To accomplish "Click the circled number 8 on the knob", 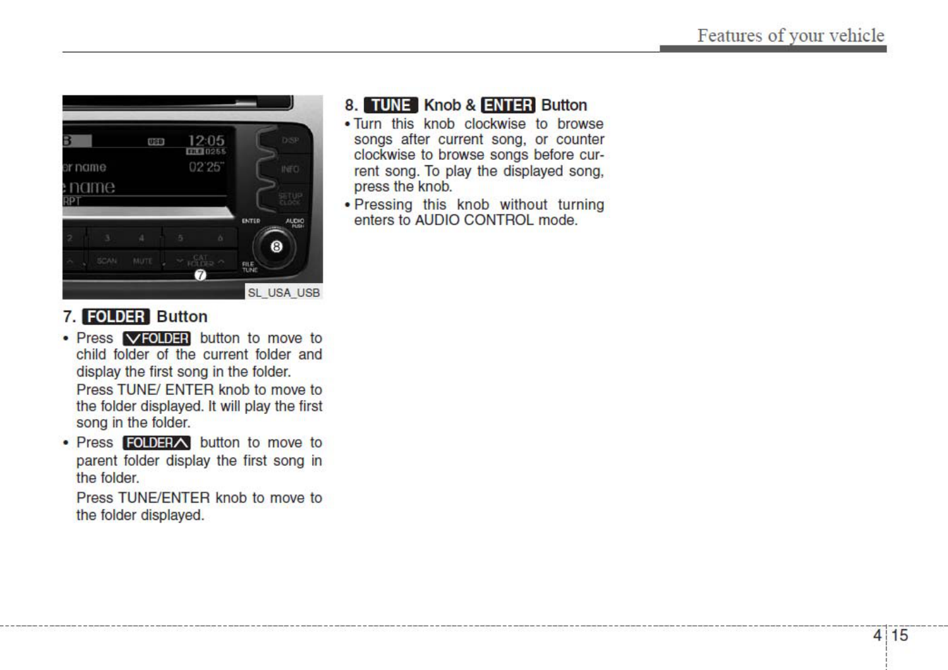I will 276,247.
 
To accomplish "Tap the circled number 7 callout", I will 200,275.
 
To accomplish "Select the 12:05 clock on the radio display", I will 206,140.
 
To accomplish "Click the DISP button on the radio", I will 290,140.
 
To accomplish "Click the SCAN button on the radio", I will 107,261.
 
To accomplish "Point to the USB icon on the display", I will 156,142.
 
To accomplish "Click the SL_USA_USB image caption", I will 284,292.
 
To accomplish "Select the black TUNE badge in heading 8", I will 391,105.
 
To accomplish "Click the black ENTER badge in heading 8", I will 508,105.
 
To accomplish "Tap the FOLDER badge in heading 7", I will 116,317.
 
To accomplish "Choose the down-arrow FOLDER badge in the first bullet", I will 157,338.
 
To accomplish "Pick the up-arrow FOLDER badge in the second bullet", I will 157,443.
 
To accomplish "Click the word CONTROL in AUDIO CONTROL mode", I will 499,220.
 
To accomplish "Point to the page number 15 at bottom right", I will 899,635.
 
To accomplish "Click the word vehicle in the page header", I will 856,35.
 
